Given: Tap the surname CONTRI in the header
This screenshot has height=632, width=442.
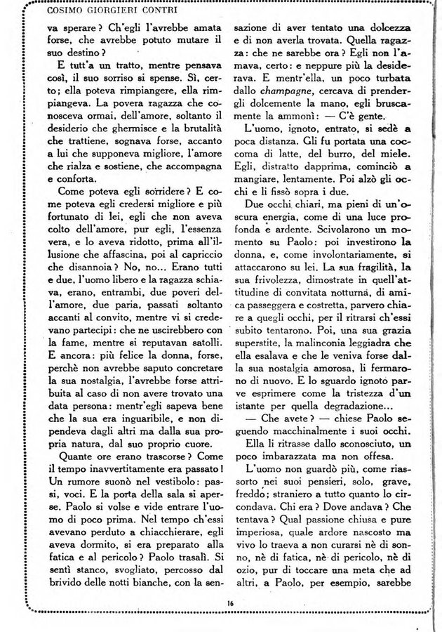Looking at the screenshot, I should click(157, 11).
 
